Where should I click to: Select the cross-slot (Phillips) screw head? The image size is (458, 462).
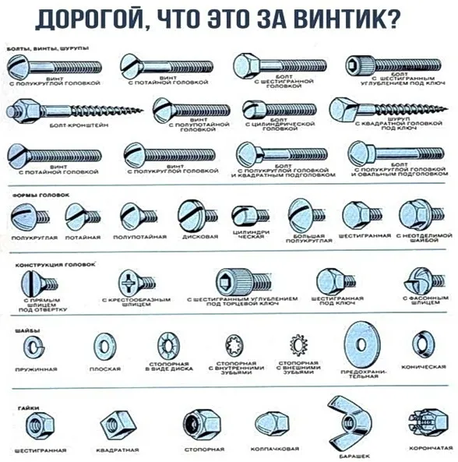point(129,282)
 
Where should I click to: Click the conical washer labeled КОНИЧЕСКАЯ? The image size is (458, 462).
point(422,344)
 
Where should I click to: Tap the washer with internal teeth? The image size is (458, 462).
point(234,344)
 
